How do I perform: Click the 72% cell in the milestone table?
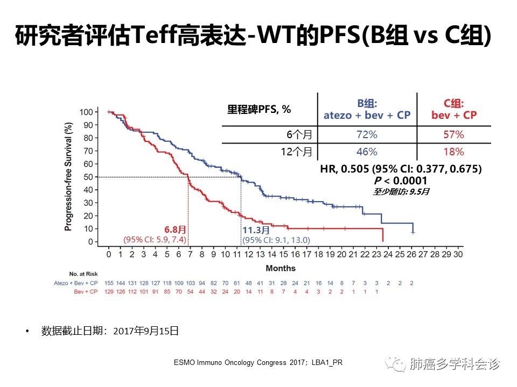[367, 134]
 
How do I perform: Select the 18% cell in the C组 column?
[453, 152]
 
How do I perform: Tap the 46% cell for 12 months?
[367, 152]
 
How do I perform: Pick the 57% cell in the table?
[453, 134]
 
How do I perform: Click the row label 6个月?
[299, 134]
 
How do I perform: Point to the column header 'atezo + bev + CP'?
[367, 116]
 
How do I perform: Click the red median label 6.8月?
[175, 230]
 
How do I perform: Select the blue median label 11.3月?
[256, 230]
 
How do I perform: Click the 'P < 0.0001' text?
[401, 181]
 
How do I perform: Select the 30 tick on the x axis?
[458, 254]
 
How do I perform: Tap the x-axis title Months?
[281, 268]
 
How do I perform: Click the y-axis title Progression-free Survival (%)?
[68, 177]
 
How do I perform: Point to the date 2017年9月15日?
[146, 331]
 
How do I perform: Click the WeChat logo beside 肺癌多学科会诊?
[399, 365]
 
